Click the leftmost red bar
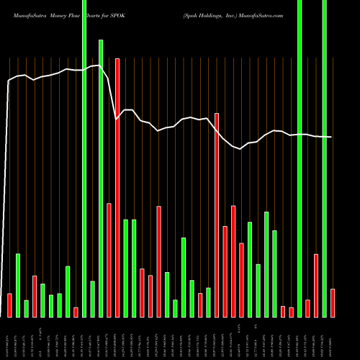10,305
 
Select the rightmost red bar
333,302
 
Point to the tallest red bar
117,187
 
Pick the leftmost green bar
18,285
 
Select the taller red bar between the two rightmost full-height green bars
316,285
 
